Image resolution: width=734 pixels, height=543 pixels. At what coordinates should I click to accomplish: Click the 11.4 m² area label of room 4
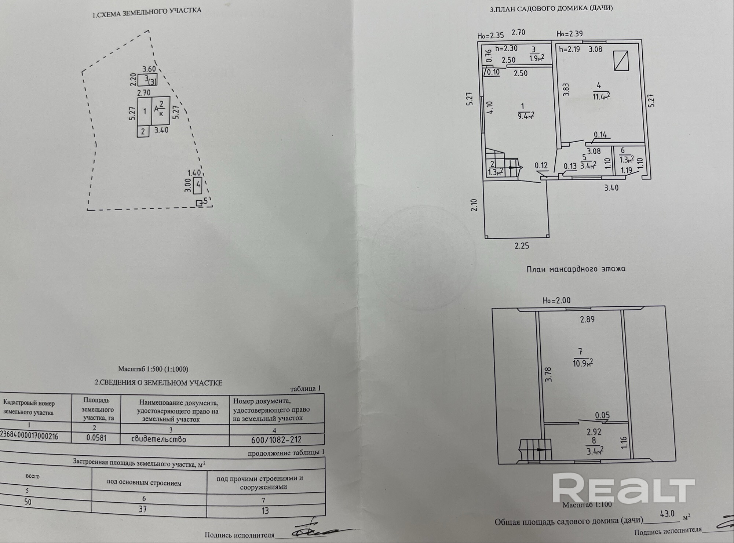601,96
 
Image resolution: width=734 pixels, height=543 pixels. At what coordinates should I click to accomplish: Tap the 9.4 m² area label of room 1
525,116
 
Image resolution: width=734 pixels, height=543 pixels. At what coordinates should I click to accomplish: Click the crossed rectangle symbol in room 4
621,61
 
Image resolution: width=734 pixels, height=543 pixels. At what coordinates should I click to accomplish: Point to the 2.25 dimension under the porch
522,246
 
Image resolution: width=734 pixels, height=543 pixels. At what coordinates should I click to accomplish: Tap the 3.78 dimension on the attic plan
548,375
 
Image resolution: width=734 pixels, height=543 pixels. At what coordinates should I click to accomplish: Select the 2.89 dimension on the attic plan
587,320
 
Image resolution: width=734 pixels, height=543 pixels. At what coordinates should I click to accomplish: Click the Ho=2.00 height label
556,300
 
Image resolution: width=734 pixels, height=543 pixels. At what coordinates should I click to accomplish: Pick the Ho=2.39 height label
569,34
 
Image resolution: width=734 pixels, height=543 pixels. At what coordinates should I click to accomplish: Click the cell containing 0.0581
96,438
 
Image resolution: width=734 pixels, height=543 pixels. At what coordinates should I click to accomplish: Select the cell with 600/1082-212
276,439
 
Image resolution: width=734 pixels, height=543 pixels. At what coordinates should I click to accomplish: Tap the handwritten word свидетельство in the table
158,439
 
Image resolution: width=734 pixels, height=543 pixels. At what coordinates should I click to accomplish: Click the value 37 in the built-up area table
143,509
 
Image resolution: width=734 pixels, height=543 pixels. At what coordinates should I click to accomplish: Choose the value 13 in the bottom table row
265,510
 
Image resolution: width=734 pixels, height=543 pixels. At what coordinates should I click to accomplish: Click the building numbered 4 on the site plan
198,185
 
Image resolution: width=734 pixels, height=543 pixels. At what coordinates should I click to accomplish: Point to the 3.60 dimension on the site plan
149,69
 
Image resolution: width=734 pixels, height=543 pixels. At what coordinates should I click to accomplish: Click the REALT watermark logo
624,488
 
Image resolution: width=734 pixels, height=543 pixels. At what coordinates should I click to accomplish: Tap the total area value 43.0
667,514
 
